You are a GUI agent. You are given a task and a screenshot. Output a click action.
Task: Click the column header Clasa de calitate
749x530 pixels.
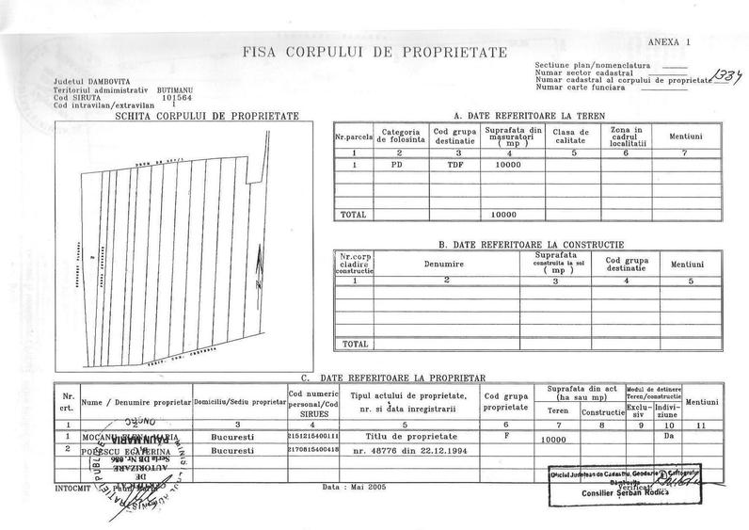(568, 136)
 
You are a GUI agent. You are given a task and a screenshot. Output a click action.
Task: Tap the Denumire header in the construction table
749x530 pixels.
(446, 266)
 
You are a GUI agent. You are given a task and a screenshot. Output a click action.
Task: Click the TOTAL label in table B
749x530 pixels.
(355, 343)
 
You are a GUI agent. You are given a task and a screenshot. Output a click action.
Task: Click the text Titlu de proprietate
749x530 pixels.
(411, 437)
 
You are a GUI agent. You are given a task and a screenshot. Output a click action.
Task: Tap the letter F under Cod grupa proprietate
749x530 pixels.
(507, 436)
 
